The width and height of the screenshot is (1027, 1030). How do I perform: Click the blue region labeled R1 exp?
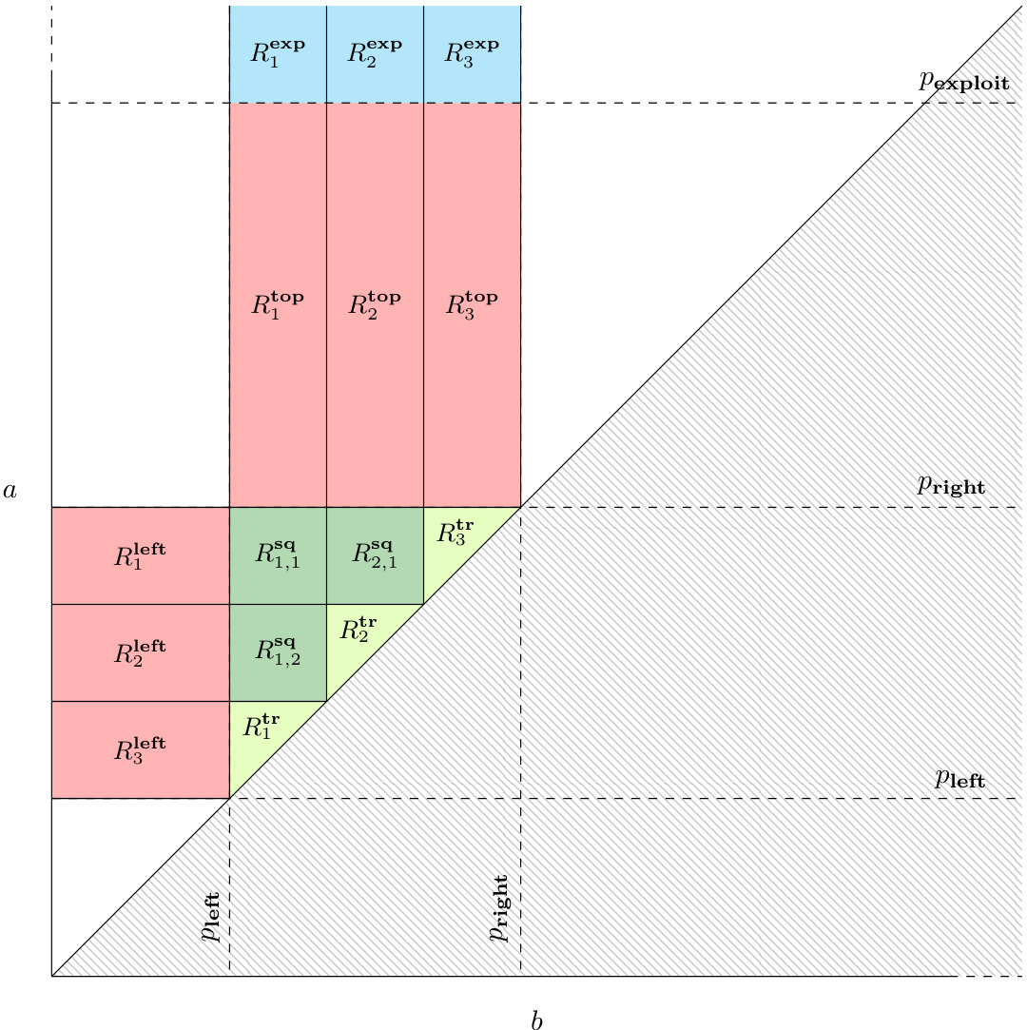[278, 52]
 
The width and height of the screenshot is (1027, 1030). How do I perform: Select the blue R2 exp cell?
[375, 52]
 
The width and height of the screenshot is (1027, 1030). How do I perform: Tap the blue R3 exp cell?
[472, 52]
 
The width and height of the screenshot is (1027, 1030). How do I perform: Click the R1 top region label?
[278, 304]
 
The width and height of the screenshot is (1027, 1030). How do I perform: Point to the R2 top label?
[375, 304]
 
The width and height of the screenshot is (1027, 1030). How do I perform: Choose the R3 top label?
[472, 304]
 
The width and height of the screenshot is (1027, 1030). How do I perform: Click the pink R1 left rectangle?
[140, 555]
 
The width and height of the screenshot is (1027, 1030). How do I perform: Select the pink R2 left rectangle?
[140, 652]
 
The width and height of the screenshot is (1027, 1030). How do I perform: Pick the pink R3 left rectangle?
[140, 749]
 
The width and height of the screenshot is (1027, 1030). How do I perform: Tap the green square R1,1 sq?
[278, 555]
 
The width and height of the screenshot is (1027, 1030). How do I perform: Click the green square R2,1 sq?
[375, 555]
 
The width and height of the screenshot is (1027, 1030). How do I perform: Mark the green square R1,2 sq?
[278, 652]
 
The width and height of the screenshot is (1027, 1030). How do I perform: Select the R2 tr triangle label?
[358, 629]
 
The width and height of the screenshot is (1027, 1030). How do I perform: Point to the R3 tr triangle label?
[455, 532]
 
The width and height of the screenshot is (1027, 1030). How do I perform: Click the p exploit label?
[963, 81]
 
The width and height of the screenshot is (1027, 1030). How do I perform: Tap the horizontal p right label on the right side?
[951, 485]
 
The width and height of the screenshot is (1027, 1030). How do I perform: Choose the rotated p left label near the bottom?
[211, 917]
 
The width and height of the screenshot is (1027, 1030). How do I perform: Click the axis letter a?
[10, 491]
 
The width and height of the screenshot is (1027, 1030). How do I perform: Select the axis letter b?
[536, 1020]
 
